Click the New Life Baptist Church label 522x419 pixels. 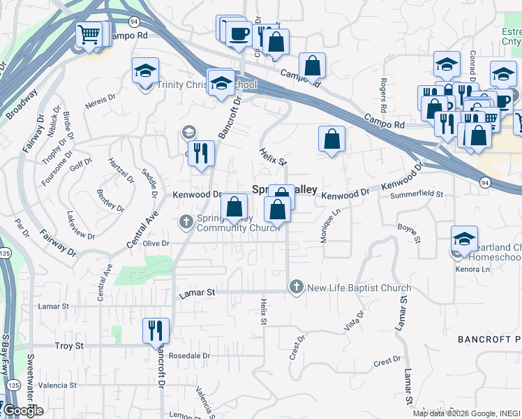pos(359,288)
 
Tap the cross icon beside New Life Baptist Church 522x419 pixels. pos(297,287)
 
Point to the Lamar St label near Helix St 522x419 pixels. pos(195,294)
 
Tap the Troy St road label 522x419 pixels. pos(69,346)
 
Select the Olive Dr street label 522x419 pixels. pos(156,243)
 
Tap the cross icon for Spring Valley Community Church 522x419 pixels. pos(186,223)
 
